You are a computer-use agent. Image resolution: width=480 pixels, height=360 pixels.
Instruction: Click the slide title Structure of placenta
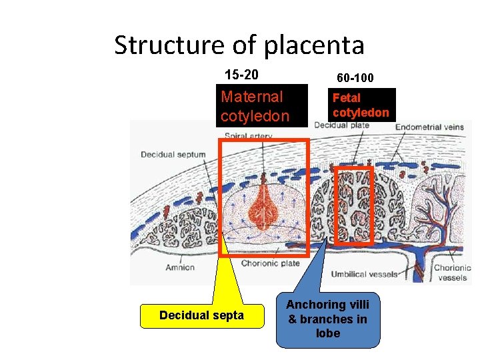coord(239,45)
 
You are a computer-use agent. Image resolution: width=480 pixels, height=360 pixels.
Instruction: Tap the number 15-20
coord(241,74)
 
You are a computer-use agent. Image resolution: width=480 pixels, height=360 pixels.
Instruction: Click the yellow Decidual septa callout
coord(201,315)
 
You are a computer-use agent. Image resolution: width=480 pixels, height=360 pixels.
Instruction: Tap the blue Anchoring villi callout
coord(328,319)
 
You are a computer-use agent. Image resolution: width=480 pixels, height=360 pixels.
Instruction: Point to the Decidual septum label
coord(173,155)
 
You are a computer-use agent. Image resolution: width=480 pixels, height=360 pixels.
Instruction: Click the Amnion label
coord(180,267)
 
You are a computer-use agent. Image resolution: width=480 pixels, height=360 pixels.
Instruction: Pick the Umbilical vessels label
coord(364,274)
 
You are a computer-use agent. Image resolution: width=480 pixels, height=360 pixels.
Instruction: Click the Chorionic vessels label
coord(453,273)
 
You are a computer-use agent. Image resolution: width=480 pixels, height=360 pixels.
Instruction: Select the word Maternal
coord(252,97)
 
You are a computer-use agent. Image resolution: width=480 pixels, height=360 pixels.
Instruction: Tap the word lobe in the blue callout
coord(328,333)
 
